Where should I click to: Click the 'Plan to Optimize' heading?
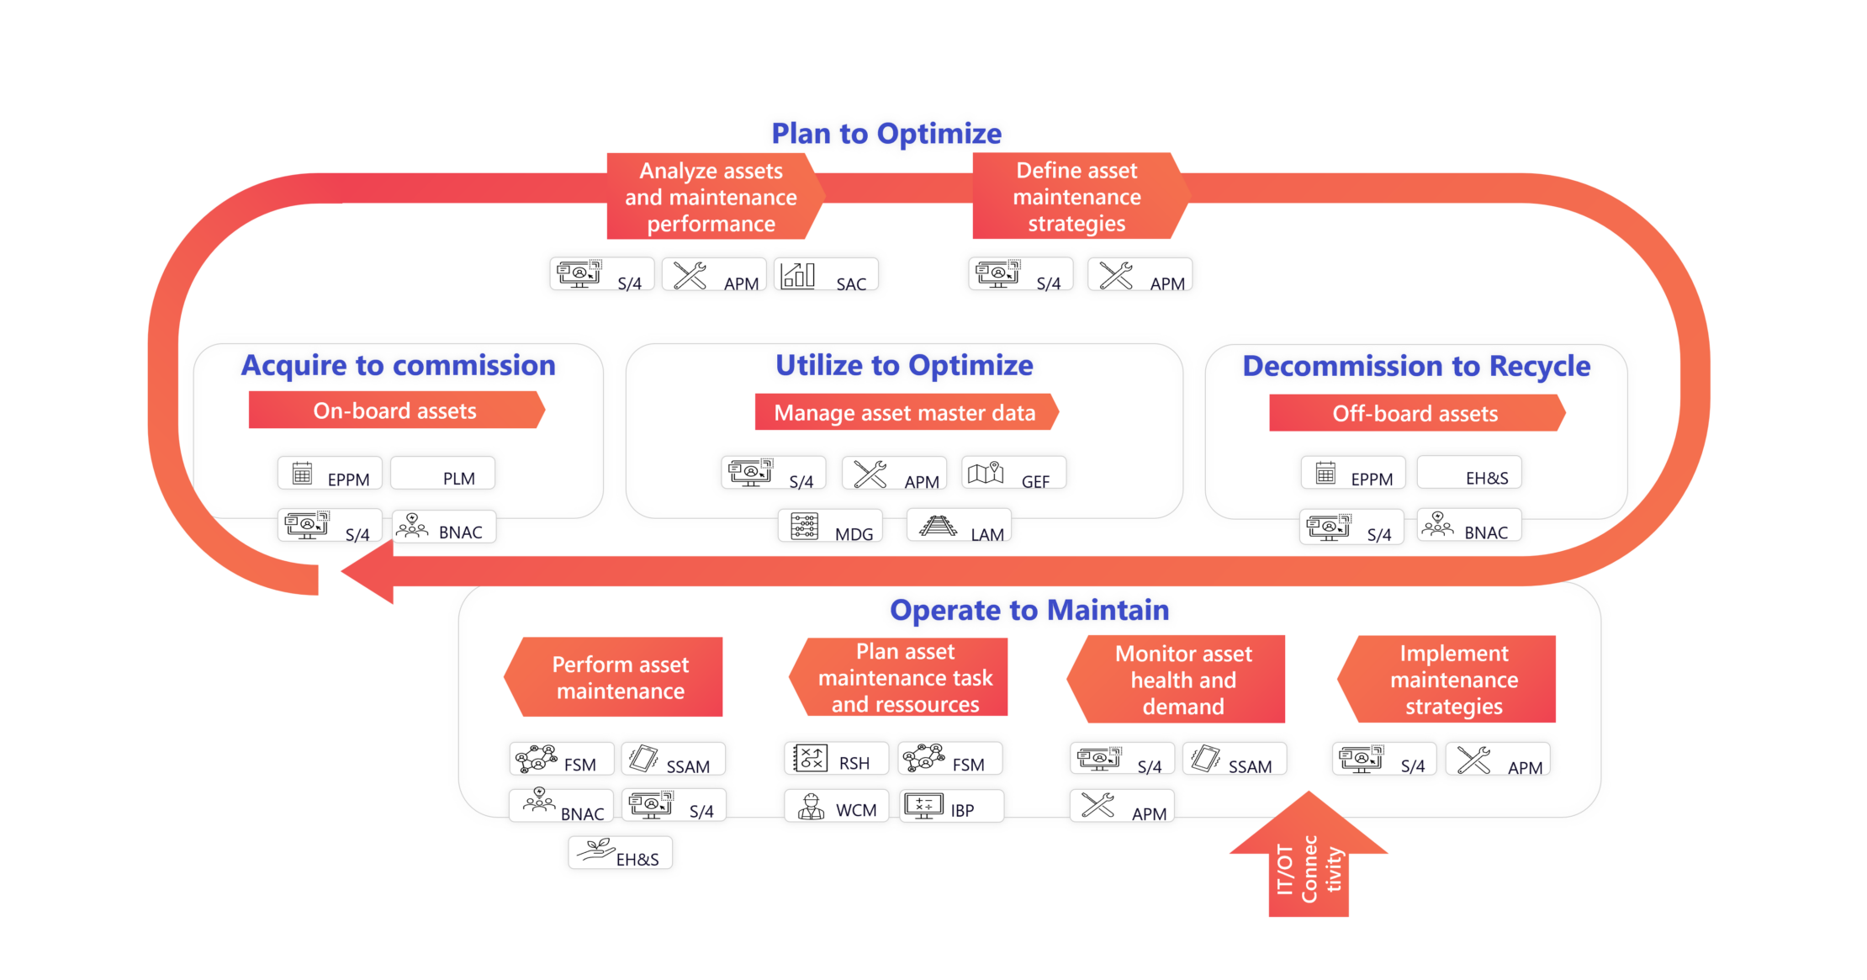click(x=886, y=134)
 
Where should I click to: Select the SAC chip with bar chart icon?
click(x=828, y=275)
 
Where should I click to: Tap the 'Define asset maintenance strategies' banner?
click(x=1077, y=196)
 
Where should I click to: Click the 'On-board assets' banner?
click(x=395, y=411)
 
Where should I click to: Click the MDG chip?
click(x=830, y=527)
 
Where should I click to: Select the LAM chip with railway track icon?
click(x=960, y=527)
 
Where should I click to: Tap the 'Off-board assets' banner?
click(x=1415, y=413)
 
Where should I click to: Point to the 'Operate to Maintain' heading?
click(x=1029, y=611)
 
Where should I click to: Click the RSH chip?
click(x=832, y=759)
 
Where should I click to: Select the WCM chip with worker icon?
click(x=835, y=807)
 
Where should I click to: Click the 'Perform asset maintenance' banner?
click(x=620, y=677)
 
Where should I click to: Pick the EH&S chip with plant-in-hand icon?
click(x=620, y=855)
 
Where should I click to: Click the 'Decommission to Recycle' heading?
click(x=1416, y=367)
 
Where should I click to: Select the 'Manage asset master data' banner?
click(x=904, y=412)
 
